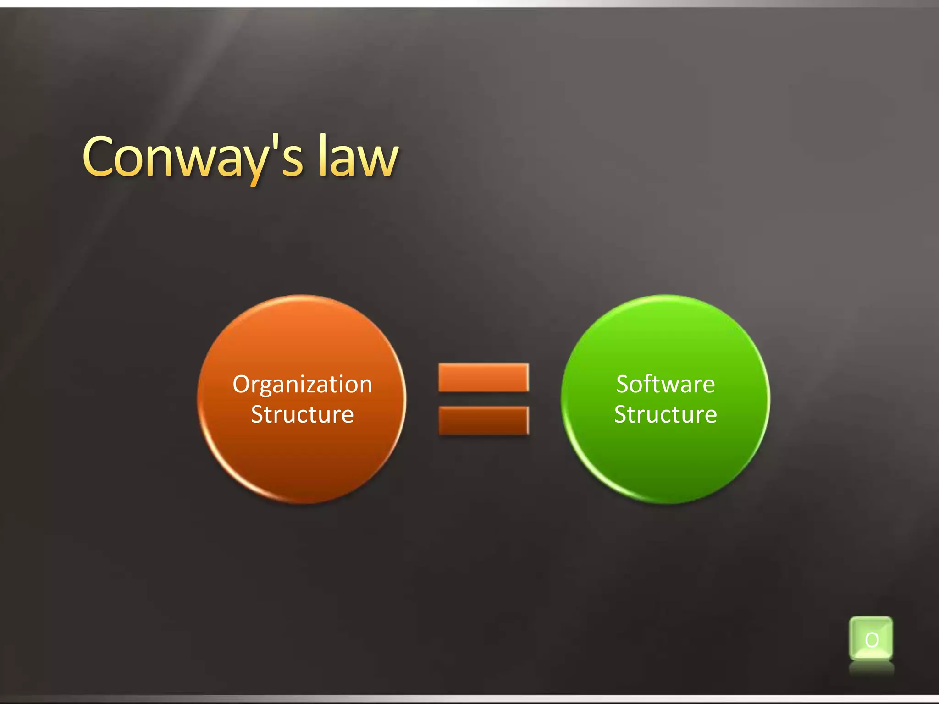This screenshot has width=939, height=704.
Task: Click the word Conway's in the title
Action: point(193,158)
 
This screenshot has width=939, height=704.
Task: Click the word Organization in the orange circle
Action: point(302,384)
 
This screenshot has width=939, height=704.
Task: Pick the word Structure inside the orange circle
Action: point(302,414)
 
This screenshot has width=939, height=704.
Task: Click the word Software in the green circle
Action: point(665,384)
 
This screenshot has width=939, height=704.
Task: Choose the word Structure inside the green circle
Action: point(665,414)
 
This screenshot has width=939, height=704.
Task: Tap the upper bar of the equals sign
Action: point(483,377)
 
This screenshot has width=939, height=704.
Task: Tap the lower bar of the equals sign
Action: point(483,420)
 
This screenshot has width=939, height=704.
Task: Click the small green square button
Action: point(871,638)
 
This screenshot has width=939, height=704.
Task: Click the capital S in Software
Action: point(624,384)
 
